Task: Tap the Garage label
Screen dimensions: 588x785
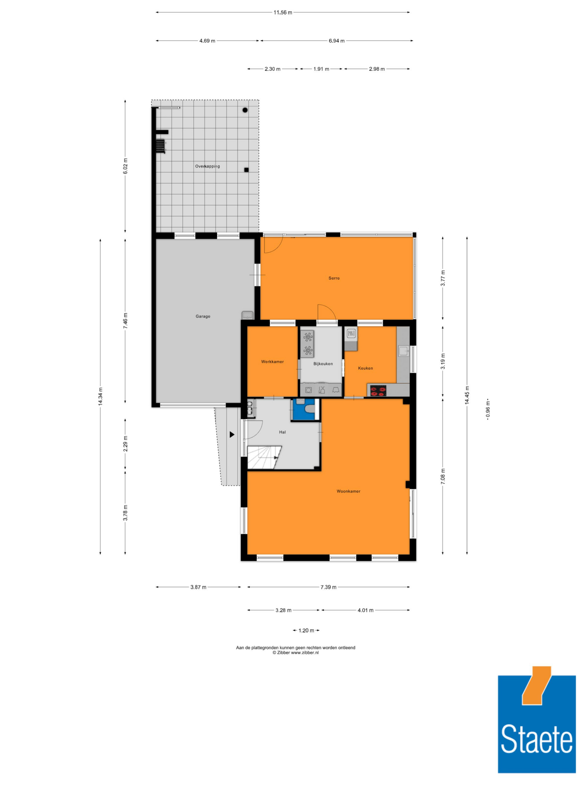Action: (203, 316)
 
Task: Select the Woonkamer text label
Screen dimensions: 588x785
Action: (348, 491)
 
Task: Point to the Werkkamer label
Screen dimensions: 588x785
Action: (272, 362)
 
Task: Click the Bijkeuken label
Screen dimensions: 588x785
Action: (323, 364)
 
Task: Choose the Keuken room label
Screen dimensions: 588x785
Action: (365, 368)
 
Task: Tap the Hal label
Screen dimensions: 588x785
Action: (282, 432)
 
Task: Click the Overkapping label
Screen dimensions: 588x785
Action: (207, 166)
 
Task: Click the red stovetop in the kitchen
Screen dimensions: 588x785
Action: (378, 391)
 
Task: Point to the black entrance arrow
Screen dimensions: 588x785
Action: (232, 434)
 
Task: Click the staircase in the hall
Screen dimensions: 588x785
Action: (264, 457)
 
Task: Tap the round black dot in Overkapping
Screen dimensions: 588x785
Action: (245, 110)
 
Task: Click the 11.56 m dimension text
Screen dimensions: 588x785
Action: (283, 12)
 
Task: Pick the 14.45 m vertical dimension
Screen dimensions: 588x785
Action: (467, 395)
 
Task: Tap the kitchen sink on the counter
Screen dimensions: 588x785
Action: (404, 351)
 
